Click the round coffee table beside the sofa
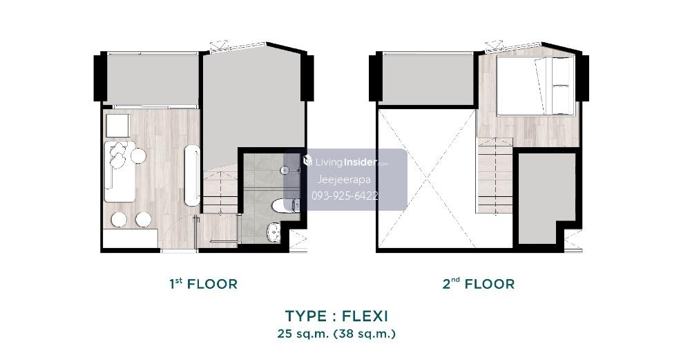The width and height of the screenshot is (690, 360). (139, 155)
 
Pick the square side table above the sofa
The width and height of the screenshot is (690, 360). (117, 126)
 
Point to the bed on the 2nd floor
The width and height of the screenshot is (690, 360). (536, 86)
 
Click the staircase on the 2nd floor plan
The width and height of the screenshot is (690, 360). (495, 176)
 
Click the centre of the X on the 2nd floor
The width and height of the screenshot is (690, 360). (427, 179)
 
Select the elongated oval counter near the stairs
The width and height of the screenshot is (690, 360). (192, 175)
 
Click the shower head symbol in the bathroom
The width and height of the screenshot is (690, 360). (285, 169)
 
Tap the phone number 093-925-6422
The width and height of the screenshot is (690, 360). (345, 196)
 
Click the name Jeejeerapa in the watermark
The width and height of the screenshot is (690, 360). (344, 180)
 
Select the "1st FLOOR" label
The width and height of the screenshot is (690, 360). (203, 284)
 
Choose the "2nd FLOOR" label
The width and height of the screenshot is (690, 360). (479, 284)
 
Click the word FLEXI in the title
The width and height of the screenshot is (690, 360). (365, 316)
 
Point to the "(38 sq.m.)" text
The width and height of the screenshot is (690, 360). (365, 334)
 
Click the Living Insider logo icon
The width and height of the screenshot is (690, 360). (307, 160)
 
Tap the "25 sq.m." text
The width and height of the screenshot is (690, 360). (303, 334)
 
